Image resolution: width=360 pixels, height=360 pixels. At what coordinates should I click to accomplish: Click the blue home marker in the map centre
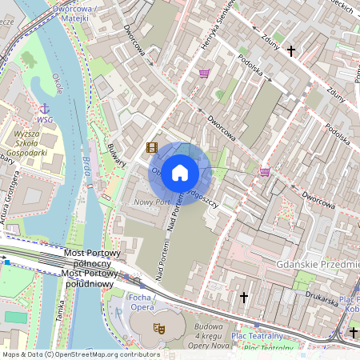(x=180, y=173)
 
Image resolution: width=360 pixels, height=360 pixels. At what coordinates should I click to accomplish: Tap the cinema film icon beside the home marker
(x=152, y=147)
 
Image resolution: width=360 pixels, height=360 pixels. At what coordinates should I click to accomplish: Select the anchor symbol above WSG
(x=45, y=108)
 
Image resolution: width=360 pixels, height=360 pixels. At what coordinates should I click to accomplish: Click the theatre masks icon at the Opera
(x=159, y=328)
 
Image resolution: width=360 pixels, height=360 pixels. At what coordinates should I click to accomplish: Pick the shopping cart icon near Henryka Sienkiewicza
(x=205, y=74)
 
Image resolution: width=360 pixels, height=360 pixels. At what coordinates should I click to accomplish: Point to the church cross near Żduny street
(x=290, y=51)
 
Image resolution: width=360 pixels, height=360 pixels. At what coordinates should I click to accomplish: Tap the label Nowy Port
(x=152, y=202)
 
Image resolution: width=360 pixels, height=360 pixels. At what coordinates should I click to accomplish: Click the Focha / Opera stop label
(x=141, y=302)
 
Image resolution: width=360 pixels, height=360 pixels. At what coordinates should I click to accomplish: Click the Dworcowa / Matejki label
(x=80, y=10)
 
